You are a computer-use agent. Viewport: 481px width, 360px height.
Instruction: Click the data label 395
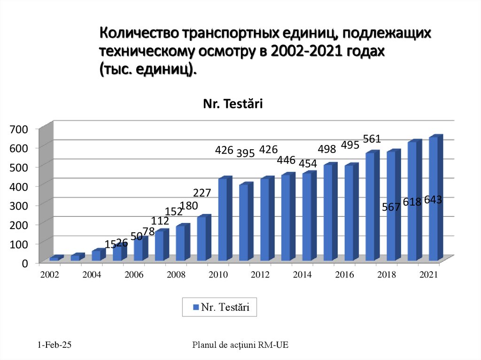pyautogui.click(x=245, y=153)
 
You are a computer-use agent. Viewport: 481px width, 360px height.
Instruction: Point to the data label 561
pyautogui.click(x=372, y=139)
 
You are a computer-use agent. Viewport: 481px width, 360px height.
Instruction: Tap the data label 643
pyautogui.click(x=433, y=200)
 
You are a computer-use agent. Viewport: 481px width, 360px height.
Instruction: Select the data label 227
pyautogui.click(x=202, y=193)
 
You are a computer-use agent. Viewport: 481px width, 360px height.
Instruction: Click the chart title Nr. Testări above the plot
pyautogui.click(x=233, y=104)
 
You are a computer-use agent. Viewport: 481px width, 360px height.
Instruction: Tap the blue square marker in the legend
pyautogui.click(x=196, y=308)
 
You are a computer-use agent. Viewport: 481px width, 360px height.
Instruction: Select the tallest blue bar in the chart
pyautogui.click(x=434, y=199)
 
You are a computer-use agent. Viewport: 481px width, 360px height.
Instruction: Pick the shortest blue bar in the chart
pyautogui.click(x=54, y=258)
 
